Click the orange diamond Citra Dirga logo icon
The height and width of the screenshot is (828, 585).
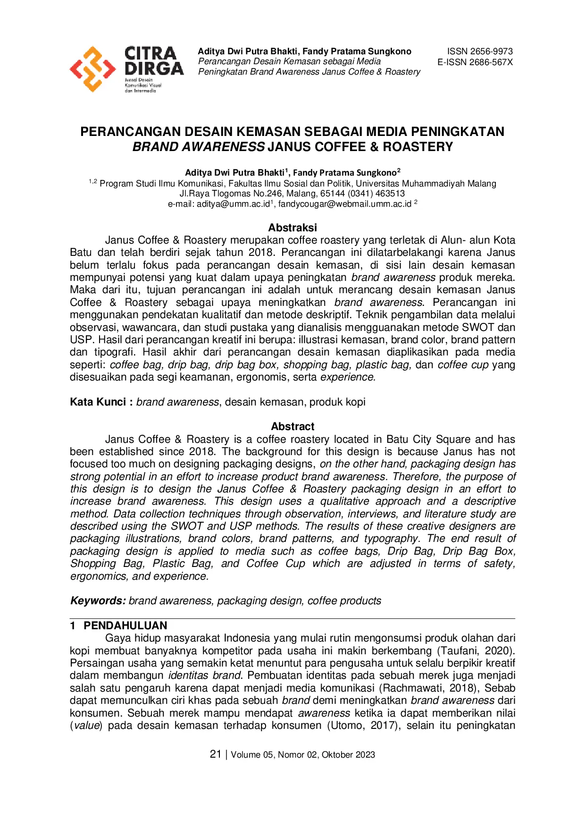(92, 69)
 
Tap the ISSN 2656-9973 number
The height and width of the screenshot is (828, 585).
(480, 51)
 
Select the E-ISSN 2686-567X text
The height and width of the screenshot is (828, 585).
(475, 62)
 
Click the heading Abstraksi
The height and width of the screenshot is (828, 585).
(292, 228)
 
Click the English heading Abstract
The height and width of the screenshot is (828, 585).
(292, 426)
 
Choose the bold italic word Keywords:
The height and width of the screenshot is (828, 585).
(98, 600)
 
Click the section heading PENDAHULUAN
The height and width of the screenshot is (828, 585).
(125, 625)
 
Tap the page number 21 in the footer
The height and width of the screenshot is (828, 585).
(216, 754)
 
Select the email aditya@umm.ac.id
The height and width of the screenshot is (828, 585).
(233, 204)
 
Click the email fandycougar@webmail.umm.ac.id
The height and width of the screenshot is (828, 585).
(344, 204)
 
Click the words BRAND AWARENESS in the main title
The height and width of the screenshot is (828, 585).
(198, 147)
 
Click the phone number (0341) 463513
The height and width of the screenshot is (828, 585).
(376, 194)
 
